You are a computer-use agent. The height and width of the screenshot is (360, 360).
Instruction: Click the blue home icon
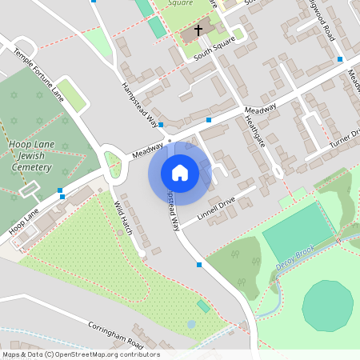(179, 172)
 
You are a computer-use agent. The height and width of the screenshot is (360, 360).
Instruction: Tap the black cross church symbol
(198, 30)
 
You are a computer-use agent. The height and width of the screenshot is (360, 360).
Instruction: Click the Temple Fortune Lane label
(38, 74)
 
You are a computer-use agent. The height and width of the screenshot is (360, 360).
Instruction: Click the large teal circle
(328, 305)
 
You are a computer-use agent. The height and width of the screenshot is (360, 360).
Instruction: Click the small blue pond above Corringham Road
(191, 324)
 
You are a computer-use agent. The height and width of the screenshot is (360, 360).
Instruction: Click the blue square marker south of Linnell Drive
(199, 264)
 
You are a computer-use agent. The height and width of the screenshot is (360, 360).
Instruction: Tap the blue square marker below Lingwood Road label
(340, 59)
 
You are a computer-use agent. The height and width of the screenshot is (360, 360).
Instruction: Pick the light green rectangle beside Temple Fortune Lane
(73, 97)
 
